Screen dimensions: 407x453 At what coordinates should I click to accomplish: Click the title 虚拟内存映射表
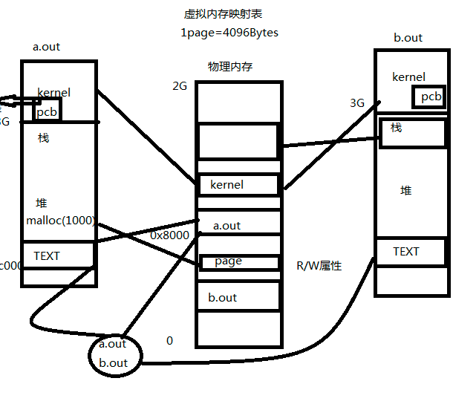click(224, 14)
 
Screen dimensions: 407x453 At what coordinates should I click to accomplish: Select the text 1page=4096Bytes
click(229, 33)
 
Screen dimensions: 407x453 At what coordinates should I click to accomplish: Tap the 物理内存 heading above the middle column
click(230, 67)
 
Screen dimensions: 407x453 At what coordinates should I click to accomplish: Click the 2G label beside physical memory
click(180, 85)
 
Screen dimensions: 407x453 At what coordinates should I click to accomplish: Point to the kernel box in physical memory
click(238, 184)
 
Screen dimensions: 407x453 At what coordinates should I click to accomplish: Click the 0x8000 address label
click(170, 235)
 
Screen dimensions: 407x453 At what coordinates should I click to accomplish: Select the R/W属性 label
click(319, 265)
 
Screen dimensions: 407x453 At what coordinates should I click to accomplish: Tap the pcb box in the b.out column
click(429, 97)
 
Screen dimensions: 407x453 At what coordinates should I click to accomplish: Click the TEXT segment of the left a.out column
click(58, 255)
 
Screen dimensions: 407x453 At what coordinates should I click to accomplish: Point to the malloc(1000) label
click(61, 221)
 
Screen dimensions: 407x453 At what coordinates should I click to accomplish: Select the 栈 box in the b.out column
click(412, 133)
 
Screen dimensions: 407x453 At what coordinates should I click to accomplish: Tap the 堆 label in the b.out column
click(406, 191)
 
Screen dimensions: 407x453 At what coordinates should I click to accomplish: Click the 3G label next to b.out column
click(357, 103)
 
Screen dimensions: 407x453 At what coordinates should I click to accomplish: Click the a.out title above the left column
click(47, 47)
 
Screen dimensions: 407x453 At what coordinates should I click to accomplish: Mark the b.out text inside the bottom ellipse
click(113, 363)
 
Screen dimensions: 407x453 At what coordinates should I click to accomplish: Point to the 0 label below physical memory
click(169, 340)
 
